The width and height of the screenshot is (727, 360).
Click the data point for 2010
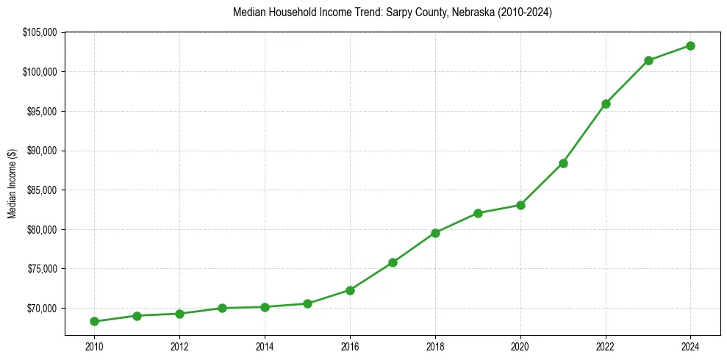point(94,321)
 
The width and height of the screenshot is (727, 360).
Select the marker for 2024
point(691,46)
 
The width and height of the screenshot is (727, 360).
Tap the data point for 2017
point(393,262)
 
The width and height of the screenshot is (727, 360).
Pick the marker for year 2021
point(563,163)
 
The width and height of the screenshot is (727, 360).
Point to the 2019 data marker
point(478,213)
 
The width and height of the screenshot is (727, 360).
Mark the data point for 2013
point(222,308)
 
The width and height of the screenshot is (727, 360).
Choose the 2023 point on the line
point(648,60)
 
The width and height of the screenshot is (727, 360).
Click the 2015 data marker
point(307,303)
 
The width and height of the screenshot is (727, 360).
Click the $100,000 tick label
point(40,72)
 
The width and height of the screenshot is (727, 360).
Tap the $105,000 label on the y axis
point(40,32)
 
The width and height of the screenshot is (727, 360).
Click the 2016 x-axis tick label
point(350,346)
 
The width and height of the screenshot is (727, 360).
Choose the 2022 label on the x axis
point(606,346)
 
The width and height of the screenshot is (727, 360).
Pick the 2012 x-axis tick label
point(179,346)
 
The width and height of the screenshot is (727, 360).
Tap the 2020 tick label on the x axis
point(520,346)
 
